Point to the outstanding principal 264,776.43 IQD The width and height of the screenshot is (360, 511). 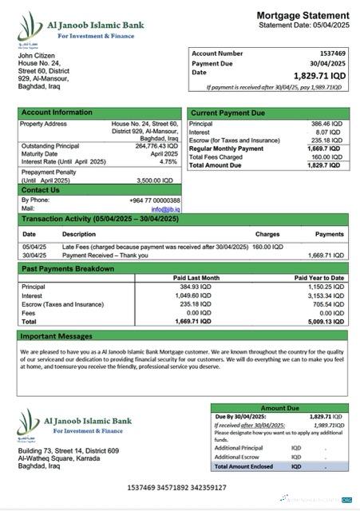[x=156, y=146]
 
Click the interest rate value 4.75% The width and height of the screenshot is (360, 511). [x=168, y=161]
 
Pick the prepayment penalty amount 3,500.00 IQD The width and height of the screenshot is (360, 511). [x=156, y=180]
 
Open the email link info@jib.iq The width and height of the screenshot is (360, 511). [x=166, y=209]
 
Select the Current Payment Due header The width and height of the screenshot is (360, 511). [x=227, y=113]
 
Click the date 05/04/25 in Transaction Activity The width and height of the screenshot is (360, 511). [x=34, y=247]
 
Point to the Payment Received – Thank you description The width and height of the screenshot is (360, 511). [x=105, y=255]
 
